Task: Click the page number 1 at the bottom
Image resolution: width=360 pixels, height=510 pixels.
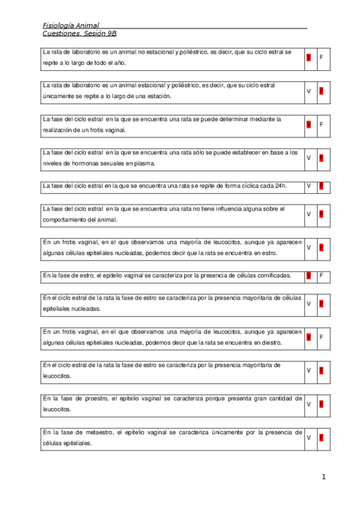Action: tap(323, 477)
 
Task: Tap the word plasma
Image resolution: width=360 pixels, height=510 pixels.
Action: tap(145, 163)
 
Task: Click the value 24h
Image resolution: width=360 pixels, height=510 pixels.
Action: tap(280, 186)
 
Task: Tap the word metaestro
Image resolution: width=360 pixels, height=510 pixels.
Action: tap(103, 432)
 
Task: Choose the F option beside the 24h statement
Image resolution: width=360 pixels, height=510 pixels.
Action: tap(322, 186)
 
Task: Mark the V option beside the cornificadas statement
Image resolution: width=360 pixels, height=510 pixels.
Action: tap(308, 275)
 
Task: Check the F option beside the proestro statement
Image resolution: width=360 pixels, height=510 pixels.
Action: tap(322, 404)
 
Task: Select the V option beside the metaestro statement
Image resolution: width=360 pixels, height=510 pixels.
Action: tap(308, 437)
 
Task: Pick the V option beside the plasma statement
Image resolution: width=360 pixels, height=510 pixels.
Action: tap(308, 158)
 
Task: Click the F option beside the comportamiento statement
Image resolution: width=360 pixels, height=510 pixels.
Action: tap(322, 214)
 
